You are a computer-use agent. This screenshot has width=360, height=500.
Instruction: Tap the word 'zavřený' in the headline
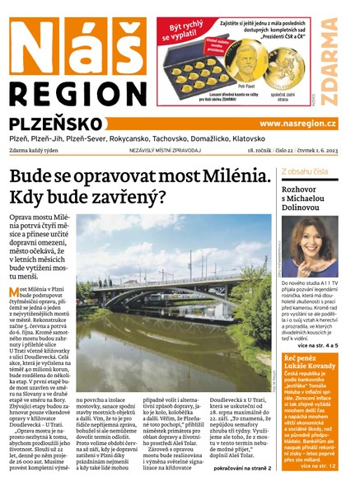(129, 198)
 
